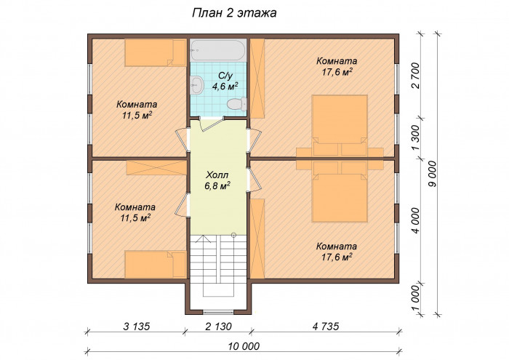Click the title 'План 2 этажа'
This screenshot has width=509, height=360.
(x=234, y=12)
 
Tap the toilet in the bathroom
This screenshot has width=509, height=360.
(x=236, y=104)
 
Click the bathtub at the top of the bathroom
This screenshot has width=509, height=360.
(x=218, y=50)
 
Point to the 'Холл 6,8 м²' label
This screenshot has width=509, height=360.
(x=217, y=180)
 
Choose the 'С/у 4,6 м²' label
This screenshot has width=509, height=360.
(x=225, y=81)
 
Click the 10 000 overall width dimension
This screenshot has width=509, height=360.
(x=244, y=346)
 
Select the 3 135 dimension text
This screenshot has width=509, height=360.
(x=137, y=326)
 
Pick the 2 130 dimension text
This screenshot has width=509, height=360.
(x=218, y=326)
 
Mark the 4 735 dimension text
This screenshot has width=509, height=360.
(x=326, y=326)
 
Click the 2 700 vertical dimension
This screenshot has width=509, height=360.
(x=415, y=76)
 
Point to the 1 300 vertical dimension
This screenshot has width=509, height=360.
(x=415, y=138)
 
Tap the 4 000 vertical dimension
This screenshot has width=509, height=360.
(x=415, y=220)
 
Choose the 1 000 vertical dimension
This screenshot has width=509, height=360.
(x=415, y=298)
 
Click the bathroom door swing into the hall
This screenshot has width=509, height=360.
(x=212, y=124)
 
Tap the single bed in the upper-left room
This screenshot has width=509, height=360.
(x=156, y=53)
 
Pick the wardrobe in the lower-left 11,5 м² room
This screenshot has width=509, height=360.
(x=156, y=168)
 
